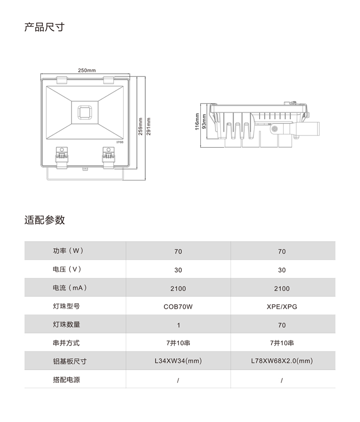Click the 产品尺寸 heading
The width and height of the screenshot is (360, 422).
pyautogui.click(x=45, y=27)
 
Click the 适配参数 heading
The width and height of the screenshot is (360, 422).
pyautogui.click(x=45, y=220)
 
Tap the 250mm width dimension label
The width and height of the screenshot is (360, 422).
pyautogui.click(x=87, y=70)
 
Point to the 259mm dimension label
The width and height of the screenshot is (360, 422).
pyautogui.click(x=140, y=126)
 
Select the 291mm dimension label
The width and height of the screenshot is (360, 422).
pyautogui.click(x=149, y=126)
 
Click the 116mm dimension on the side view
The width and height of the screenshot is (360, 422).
pyautogui.click(x=197, y=122)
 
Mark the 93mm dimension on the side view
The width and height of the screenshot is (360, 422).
pyautogui.click(x=204, y=122)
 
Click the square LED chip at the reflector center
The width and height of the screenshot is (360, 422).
pyautogui.click(x=85, y=112)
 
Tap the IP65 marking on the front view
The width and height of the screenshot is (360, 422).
pyautogui.click(x=120, y=142)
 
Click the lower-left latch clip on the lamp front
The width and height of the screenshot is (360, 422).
pyautogui.click(x=62, y=158)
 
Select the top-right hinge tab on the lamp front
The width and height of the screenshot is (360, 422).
pyautogui.click(x=108, y=80)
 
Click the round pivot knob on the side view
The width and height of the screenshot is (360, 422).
pyautogui.click(x=275, y=129)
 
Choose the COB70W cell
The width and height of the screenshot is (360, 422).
pyautogui.click(x=178, y=306)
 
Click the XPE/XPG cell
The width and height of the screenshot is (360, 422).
pyautogui.click(x=282, y=306)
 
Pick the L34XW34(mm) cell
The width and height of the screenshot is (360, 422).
pyautogui.click(x=178, y=360)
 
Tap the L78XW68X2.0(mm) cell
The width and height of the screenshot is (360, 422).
pyautogui.click(x=282, y=360)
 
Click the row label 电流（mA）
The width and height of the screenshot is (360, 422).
pyautogui.click(x=70, y=287)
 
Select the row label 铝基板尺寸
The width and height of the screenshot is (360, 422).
pyautogui.click(x=70, y=361)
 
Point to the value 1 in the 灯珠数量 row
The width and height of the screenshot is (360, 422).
pyautogui.click(x=178, y=325)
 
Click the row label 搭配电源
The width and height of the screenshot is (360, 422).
pyautogui.click(x=66, y=379)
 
